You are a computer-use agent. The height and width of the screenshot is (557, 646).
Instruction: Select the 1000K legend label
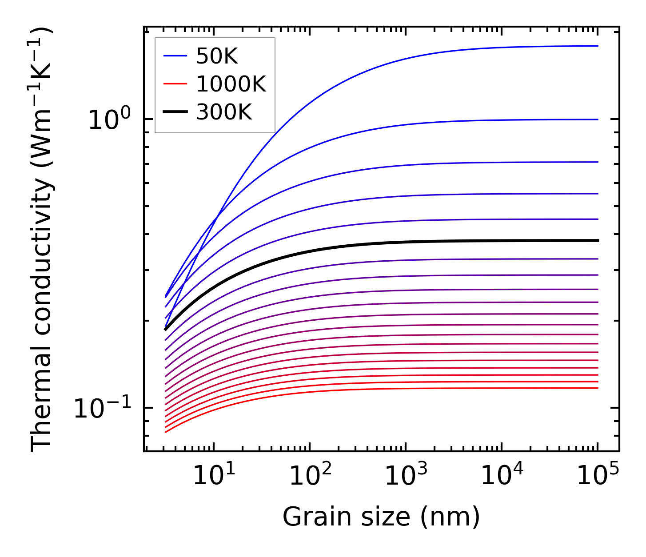pyautogui.click(x=231, y=84)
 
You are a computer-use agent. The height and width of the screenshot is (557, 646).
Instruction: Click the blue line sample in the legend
pyautogui.click(x=176, y=56)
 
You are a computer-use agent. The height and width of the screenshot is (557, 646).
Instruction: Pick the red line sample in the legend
pyautogui.click(x=176, y=84)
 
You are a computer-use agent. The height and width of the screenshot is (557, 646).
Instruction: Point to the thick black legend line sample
pyautogui.click(x=176, y=112)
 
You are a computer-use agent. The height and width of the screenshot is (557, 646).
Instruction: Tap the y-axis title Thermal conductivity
pyautogui.click(x=42, y=240)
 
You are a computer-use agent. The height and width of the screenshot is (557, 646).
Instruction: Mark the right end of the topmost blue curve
pyautogui.click(x=598, y=46)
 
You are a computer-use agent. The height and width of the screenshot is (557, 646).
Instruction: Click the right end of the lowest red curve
pyautogui.click(x=598, y=388)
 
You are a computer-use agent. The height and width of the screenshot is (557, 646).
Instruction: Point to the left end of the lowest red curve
pyautogui.click(x=166, y=432)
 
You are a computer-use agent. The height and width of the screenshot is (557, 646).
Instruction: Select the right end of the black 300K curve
pyautogui.click(x=598, y=240)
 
